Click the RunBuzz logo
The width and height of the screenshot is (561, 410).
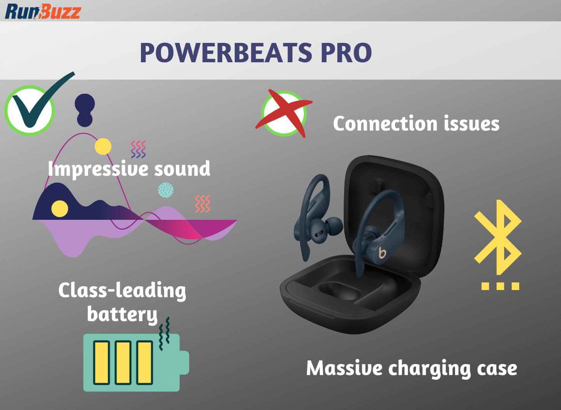pyautogui.click(x=43, y=11)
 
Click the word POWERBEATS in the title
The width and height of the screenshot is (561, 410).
pyautogui.click(x=225, y=53)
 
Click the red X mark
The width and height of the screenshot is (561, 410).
pyautogui.click(x=284, y=113)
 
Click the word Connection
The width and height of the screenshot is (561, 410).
pyautogui.click(x=385, y=123)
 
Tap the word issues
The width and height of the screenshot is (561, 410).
pyautogui.click(x=472, y=123)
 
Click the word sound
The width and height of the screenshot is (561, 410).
pyautogui.click(x=182, y=169)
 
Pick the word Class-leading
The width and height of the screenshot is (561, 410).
pyautogui.click(x=122, y=291)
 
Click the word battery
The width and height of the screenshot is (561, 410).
pyautogui.click(x=122, y=315)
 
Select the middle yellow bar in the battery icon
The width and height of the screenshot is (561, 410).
pyautogui.click(x=123, y=363)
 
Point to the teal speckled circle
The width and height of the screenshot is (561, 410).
pyautogui.click(x=166, y=190)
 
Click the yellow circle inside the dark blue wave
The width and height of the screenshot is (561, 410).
pyautogui.click(x=60, y=209)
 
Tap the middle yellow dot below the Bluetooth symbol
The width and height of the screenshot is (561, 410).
pyautogui.click(x=500, y=286)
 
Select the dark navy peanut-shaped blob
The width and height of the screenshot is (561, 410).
pyautogui.click(x=85, y=110)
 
